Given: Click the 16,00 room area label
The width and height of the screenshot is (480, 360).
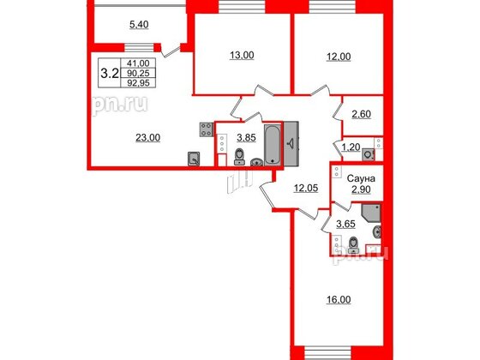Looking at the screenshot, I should [340, 300].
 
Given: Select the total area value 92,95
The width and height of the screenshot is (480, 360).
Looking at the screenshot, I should [137, 83].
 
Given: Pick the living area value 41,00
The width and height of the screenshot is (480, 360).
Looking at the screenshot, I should [137, 63].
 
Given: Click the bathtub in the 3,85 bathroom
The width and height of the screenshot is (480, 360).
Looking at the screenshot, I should [272, 143].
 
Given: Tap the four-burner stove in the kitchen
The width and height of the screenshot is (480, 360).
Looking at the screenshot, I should [207, 129].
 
